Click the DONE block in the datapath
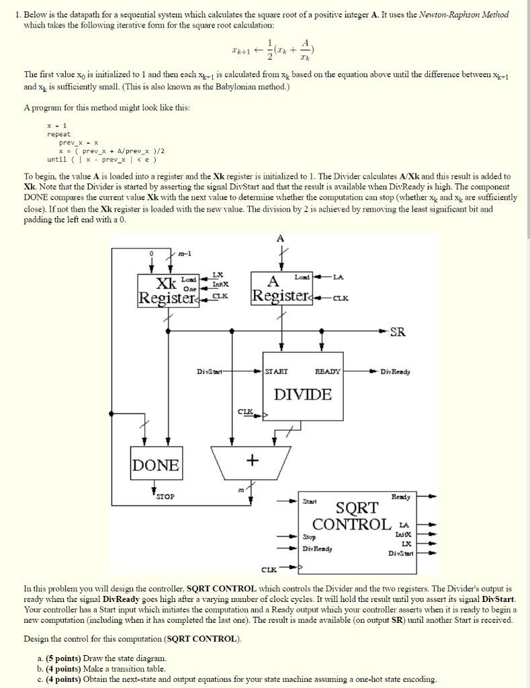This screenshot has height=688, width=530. pyautogui.click(x=156, y=463)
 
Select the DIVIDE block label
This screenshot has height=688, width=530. pyautogui.click(x=303, y=394)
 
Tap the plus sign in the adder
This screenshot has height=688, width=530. pyautogui.click(x=253, y=460)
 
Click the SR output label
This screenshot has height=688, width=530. pyautogui.click(x=398, y=332)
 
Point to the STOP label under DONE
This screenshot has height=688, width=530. pyautogui.click(x=165, y=497)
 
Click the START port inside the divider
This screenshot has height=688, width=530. pyautogui.click(x=276, y=371)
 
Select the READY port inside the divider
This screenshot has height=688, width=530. pyautogui.click(x=328, y=371)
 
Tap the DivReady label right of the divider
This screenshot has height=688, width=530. pyautogui.click(x=395, y=372)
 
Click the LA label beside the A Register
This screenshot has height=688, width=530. pyautogui.click(x=339, y=277)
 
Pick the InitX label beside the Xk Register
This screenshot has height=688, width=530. pyautogui.click(x=220, y=284)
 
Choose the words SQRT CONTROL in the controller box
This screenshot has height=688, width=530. pyautogui.click(x=353, y=516)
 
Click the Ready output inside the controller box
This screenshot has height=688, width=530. pyautogui.click(x=400, y=497)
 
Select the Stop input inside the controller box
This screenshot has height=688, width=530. pyautogui.click(x=309, y=537)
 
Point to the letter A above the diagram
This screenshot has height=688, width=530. pyautogui.click(x=280, y=239)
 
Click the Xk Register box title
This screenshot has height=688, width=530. pyautogui.click(x=167, y=290)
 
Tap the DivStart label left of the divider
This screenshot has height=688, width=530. pyautogui.click(x=210, y=372)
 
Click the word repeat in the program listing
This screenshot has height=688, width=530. pyautogui.click(x=59, y=134)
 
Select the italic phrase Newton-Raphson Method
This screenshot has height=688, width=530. pyautogui.click(x=463, y=15)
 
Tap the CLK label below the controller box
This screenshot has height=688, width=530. pyautogui.click(x=269, y=570)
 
